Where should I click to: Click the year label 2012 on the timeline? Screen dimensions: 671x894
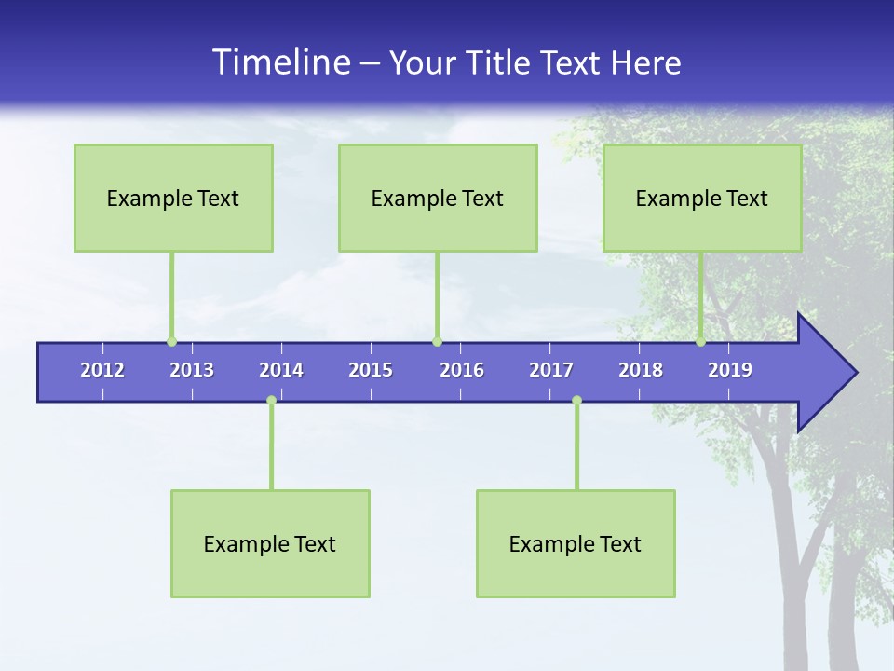coord(102,370)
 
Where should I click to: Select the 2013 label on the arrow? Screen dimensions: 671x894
coord(192,370)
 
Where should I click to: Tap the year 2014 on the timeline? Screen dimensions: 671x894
coord(281,370)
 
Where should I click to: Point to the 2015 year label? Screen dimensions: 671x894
coord(371,370)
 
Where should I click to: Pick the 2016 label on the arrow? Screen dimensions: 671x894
coord(462,370)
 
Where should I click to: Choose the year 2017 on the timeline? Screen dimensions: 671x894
coord(551,370)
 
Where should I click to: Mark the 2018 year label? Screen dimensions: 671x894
coord(641,370)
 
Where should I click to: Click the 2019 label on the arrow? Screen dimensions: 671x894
coord(730,370)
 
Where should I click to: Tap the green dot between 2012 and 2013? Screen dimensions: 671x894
coord(171,341)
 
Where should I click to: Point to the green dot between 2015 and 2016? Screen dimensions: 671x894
coord(437,341)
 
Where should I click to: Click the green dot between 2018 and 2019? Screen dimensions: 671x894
coord(700,341)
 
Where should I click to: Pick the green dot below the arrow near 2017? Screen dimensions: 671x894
coord(576,400)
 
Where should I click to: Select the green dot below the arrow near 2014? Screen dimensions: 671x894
coord(271,400)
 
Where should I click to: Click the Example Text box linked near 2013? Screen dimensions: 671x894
coord(173,198)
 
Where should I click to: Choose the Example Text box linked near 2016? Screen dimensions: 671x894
coord(438,198)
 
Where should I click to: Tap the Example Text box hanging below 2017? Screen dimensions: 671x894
coord(576,543)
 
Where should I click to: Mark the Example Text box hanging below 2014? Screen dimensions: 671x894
coord(270,543)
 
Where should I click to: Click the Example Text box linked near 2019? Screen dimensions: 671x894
coord(702,198)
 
